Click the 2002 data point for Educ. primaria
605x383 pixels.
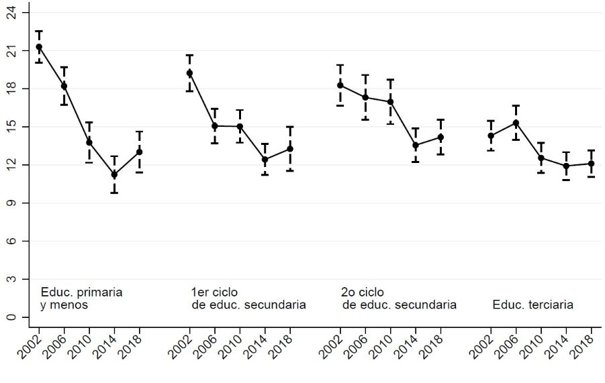click(39, 47)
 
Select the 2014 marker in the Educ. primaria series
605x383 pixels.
click(114, 175)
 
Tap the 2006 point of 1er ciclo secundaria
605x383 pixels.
click(215, 126)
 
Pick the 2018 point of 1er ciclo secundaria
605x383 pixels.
click(290, 149)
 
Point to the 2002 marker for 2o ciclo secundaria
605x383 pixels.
click(340, 85)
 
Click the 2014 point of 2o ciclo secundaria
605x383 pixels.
click(416, 145)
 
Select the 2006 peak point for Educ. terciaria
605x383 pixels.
click(516, 123)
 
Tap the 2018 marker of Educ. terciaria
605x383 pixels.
click(591, 164)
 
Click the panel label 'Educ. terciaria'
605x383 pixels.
click(532, 305)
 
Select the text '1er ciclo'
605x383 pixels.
click(215, 292)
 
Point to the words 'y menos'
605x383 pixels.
click(64, 305)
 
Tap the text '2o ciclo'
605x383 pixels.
click(363, 292)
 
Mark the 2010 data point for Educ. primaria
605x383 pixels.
click(89, 142)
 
